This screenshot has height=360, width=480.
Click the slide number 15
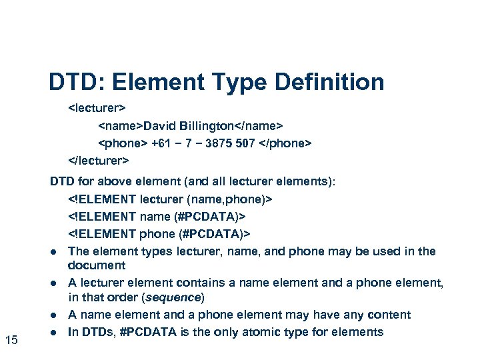click(x=11, y=341)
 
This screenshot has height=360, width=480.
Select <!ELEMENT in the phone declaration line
click(x=102, y=233)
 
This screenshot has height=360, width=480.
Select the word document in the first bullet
click(x=97, y=265)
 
